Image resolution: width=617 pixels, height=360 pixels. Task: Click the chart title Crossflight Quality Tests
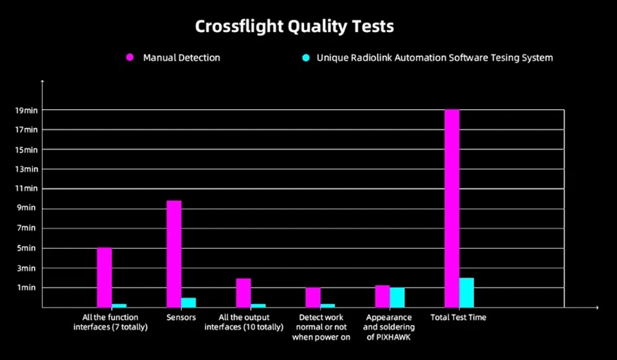(x=294, y=26)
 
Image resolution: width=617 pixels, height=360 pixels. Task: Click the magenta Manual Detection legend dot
(x=130, y=58)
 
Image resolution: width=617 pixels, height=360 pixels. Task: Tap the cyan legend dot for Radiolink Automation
(x=306, y=58)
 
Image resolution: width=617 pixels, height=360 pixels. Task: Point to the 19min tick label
(x=26, y=111)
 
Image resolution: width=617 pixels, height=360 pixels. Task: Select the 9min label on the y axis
(x=26, y=208)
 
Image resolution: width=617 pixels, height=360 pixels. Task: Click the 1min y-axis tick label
(x=26, y=287)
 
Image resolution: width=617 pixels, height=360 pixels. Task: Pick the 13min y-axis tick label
(x=26, y=170)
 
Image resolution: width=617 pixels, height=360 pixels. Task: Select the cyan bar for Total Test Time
(x=467, y=292)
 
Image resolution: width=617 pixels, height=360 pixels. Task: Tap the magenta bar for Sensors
(x=174, y=253)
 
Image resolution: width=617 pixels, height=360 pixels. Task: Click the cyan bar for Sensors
(x=188, y=302)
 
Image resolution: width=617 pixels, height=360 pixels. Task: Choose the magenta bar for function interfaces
(x=104, y=277)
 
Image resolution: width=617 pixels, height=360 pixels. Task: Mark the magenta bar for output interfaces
(x=243, y=292)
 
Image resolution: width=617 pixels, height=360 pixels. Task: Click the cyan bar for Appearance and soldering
(x=397, y=297)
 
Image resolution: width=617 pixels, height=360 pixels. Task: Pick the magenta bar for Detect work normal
(x=312, y=297)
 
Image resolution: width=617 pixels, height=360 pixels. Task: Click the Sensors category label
(x=181, y=318)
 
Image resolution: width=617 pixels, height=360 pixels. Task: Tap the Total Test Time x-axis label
(x=458, y=318)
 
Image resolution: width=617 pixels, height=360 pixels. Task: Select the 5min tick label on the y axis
(x=26, y=248)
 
